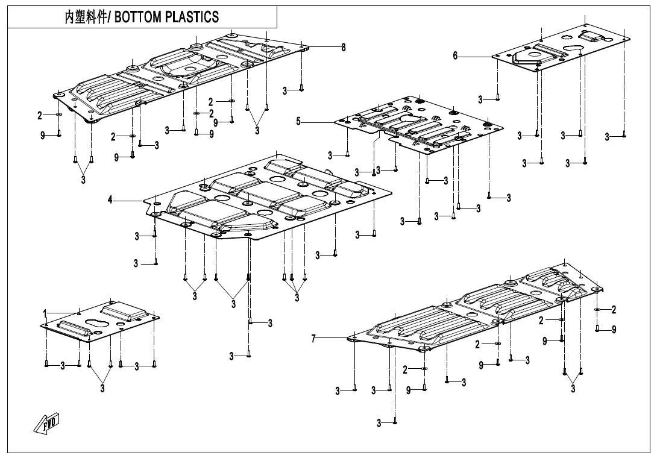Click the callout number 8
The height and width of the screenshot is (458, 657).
[x=344, y=48]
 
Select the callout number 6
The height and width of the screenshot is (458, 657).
[x=456, y=55]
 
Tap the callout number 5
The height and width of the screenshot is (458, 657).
[x=298, y=122]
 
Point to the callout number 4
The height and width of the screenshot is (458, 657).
[x=110, y=200]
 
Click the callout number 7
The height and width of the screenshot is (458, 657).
[x=313, y=337]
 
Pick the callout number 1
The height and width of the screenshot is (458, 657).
[x=45, y=313]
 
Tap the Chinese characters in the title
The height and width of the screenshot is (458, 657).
[x=85, y=17]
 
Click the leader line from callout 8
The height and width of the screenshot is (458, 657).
[x=325, y=46]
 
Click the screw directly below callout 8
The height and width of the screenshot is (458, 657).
[x=301, y=89]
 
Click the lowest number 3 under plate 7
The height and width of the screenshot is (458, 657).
[x=379, y=423]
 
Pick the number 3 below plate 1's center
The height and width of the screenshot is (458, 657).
[x=102, y=389]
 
